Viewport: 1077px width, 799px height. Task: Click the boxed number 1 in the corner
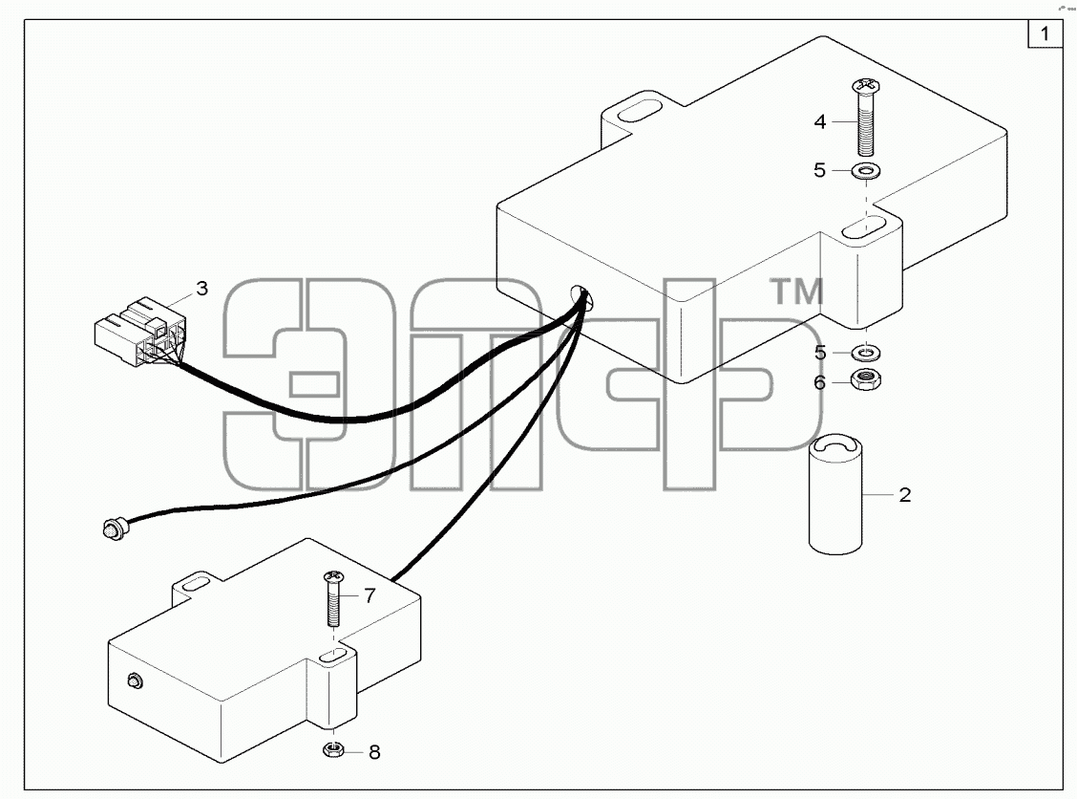1045,33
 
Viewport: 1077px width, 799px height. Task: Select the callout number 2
904,494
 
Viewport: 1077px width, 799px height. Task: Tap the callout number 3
201,288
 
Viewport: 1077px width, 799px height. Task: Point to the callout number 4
819,121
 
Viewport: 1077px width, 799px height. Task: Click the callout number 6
819,382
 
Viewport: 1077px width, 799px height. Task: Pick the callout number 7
370,595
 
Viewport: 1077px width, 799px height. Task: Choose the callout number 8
374,752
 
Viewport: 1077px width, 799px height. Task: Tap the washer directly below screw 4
867,170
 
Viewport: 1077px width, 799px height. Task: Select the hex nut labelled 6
865,379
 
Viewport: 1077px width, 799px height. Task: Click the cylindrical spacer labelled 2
835,494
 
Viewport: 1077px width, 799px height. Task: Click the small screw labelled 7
333,598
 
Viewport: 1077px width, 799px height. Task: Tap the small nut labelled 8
333,749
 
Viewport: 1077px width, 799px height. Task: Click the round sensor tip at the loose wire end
112,529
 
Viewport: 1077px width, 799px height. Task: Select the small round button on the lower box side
136,681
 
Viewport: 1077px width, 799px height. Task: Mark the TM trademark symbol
797,292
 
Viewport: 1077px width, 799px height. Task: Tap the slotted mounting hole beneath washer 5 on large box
865,227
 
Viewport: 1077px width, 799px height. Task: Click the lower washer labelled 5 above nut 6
866,354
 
